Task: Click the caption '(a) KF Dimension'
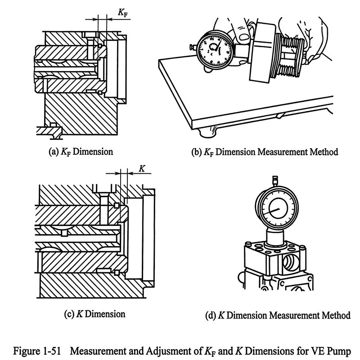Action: point(81,152)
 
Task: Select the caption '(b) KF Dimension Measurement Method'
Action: point(265,152)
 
